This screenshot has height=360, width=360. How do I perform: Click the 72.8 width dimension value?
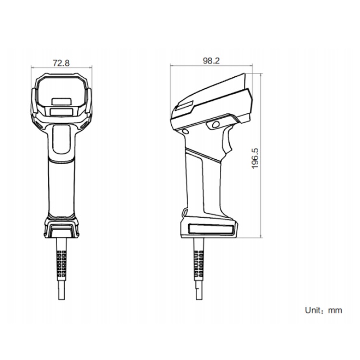point(61,63)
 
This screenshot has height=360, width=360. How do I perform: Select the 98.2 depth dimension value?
point(211,60)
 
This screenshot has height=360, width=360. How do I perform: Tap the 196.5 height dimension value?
point(255,158)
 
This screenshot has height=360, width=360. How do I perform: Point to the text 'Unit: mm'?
point(323,310)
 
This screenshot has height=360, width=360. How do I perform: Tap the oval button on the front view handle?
point(61,139)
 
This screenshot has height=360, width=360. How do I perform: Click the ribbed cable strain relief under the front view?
point(61,263)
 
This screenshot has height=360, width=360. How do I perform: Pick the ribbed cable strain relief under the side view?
point(199,264)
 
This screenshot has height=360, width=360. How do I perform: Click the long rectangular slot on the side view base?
point(211,229)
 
